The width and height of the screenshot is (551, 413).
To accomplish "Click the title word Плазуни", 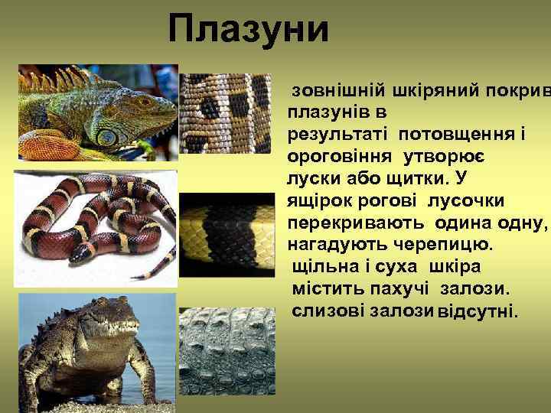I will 249,29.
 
